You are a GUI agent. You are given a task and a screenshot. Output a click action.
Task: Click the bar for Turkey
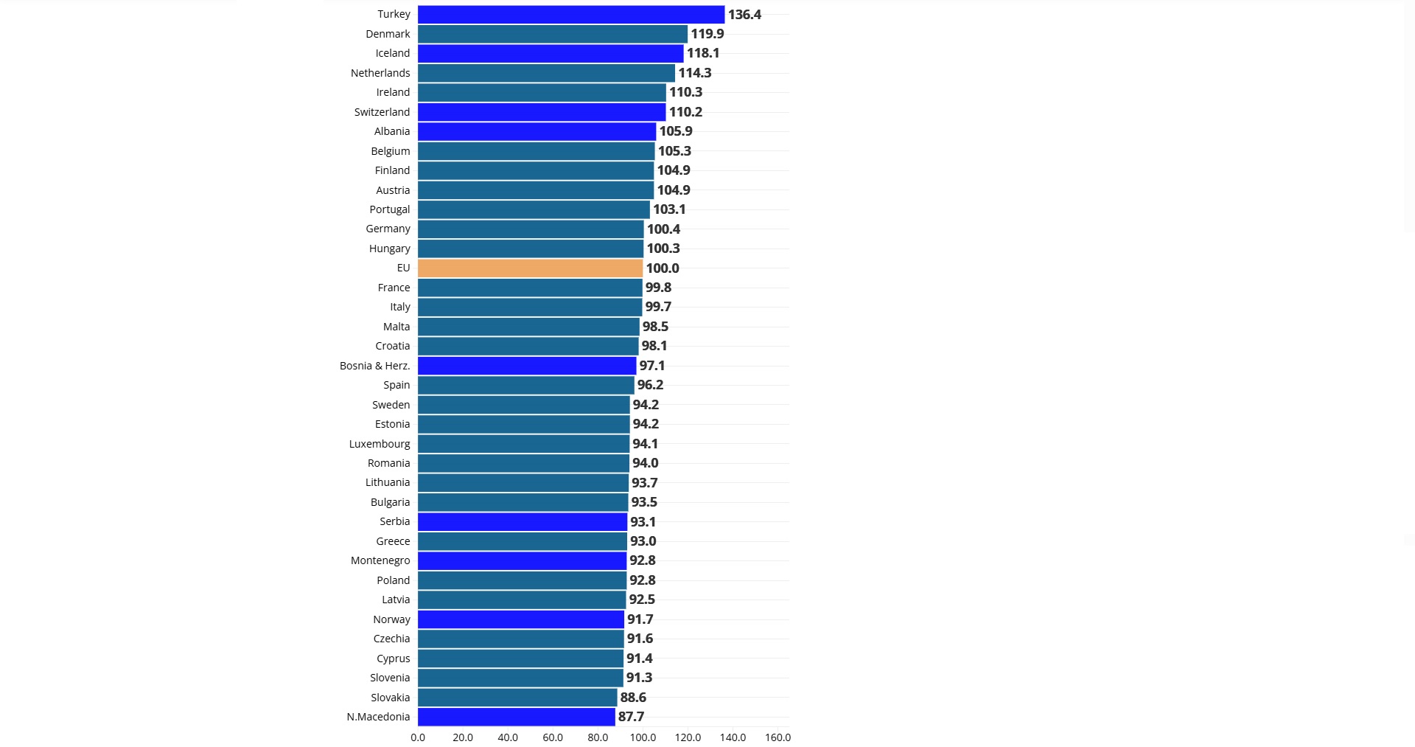(570, 15)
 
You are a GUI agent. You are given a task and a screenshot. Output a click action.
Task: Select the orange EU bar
(530, 268)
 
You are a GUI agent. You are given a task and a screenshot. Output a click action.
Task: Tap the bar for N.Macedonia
(516, 717)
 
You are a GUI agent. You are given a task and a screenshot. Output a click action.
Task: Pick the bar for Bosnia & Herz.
(526, 366)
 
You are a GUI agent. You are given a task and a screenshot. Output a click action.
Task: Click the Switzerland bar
(541, 112)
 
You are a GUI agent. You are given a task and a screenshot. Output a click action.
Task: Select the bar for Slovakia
(517, 698)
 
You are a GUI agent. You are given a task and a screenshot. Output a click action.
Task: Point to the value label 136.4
(744, 15)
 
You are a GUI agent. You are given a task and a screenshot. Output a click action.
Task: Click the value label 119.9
(707, 34)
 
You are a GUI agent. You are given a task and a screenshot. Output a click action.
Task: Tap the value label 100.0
(662, 268)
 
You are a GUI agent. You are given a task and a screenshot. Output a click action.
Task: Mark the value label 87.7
(631, 717)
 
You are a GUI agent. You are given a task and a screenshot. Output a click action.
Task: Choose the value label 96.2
(650, 385)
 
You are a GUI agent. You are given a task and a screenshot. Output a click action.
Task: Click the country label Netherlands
(380, 73)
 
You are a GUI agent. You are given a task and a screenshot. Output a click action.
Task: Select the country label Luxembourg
(380, 444)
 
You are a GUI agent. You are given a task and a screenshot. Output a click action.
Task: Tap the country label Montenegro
(380, 560)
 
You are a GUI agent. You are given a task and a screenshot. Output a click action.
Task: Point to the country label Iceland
(392, 53)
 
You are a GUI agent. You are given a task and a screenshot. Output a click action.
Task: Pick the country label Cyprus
(393, 659)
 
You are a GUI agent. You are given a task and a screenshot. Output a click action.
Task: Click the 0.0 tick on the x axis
(418, 737)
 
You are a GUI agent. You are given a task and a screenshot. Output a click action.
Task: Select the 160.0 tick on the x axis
(778, 737)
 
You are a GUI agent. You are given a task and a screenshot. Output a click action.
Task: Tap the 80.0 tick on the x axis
(598, 737)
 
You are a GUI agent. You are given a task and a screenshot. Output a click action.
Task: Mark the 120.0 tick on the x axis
(688, 737)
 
